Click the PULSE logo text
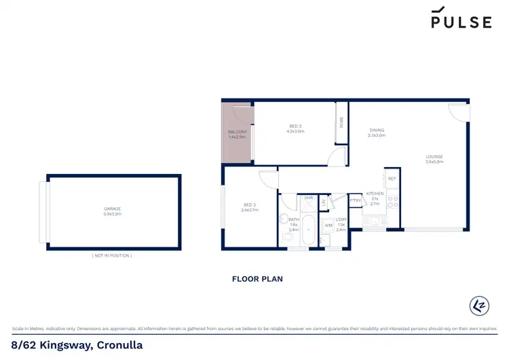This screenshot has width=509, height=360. [461, 22]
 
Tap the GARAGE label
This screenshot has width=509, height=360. [113, 209]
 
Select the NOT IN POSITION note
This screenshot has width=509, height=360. [112, 255]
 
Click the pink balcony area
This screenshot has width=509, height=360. [237, 134]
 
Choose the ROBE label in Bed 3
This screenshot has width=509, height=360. [341, 123]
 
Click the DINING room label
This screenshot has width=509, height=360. [377, 131]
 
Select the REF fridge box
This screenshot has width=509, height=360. [392, 178]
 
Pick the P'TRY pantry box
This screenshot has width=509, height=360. [355, 200]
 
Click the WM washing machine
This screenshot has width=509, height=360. [328, 225]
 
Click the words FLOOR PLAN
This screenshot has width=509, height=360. [257, 278]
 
